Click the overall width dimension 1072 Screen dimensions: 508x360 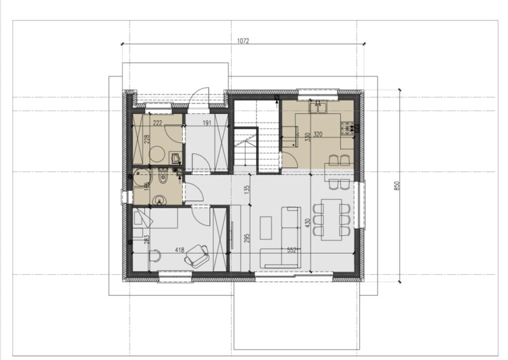point(243,41)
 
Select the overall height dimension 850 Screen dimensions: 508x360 point(397,186)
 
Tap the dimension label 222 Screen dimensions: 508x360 point(157,123)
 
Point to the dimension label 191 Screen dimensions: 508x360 point(207,123)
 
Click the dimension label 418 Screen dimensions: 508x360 point(180,250)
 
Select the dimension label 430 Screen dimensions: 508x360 point(308,222)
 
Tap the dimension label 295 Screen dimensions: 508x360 point(247,238)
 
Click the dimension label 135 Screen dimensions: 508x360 point(247,189)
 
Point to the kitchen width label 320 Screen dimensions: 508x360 point(318,134)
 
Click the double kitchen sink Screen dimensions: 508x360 point(318,107)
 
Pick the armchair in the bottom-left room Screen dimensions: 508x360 point(197,256)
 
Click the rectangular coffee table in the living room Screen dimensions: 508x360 point(266,228)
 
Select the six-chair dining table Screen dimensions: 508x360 point(331,219)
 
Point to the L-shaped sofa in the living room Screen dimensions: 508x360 point(285,238)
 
